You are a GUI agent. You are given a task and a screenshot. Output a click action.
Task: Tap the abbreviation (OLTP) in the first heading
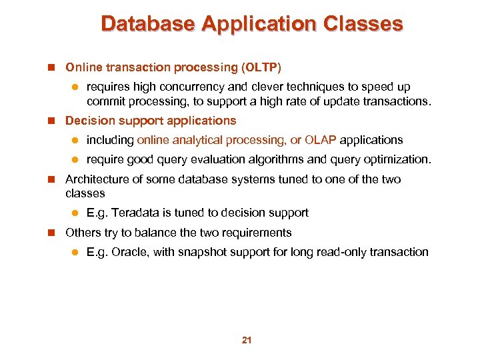(263, 67)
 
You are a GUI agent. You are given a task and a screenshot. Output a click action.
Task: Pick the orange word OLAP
(321, 140)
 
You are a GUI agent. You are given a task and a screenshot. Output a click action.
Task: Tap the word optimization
(395, 159)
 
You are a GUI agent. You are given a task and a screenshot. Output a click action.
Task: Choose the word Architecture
(93, 179)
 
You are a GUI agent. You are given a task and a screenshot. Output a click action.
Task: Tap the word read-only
(339, 252)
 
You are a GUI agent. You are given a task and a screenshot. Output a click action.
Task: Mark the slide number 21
(247, 341)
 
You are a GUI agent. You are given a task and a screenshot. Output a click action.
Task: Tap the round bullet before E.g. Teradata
(75, 213)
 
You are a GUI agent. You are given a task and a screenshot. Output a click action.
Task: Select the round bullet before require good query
(75, 160)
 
